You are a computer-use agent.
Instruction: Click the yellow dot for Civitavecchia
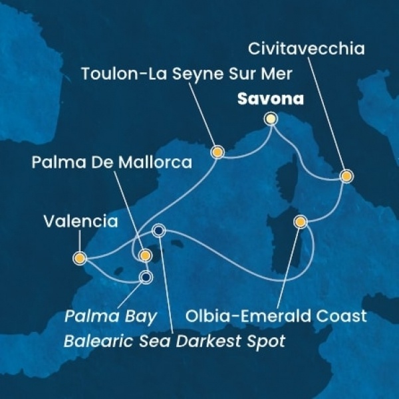pyautogui.click(x=346, y=176)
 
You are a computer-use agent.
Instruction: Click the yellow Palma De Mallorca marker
pyautogui.click(x=146, y=255)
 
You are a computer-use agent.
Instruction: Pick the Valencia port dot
pyautogui.click(x=79, y=257)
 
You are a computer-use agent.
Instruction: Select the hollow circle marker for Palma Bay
pyautogui.click(x=146, y=277)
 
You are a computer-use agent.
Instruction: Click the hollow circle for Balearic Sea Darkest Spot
pyautogui.click(x=159, y=231)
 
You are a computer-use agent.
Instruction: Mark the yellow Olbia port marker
pyautogui.click(x=301, y=221)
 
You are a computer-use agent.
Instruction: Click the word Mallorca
pyautogui.click(x=160, y=162)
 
